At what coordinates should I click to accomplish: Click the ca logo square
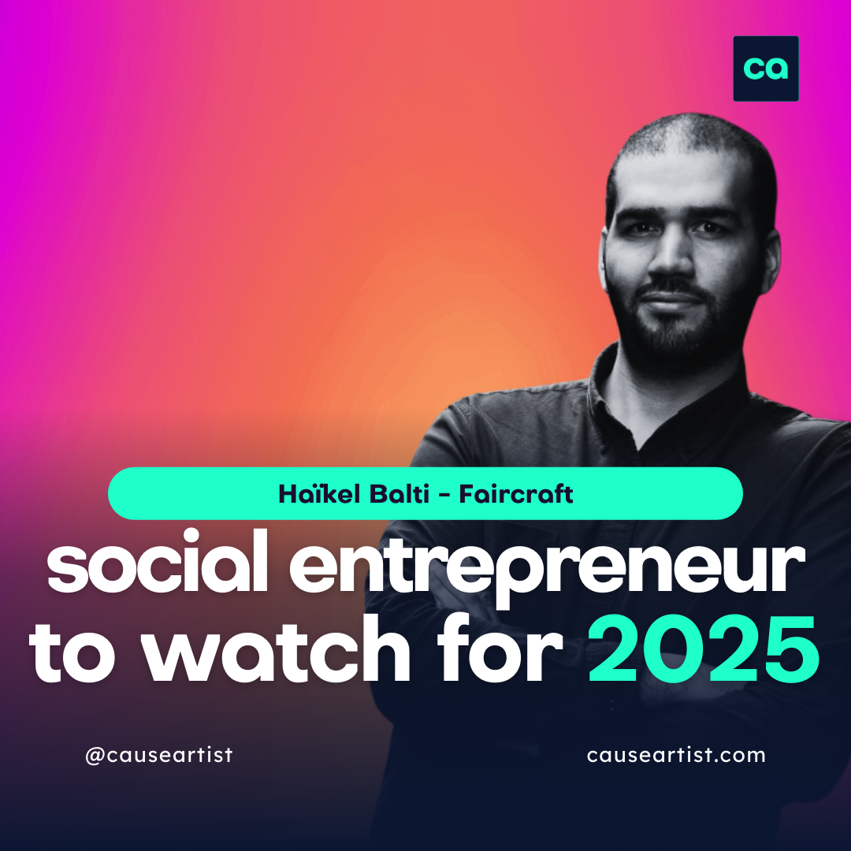[x=765, y=69]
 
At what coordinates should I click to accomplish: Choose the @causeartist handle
[x=158, y=755]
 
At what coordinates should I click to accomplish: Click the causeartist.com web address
[x=676, y=755]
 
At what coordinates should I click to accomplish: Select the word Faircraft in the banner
[x=515, y=494]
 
